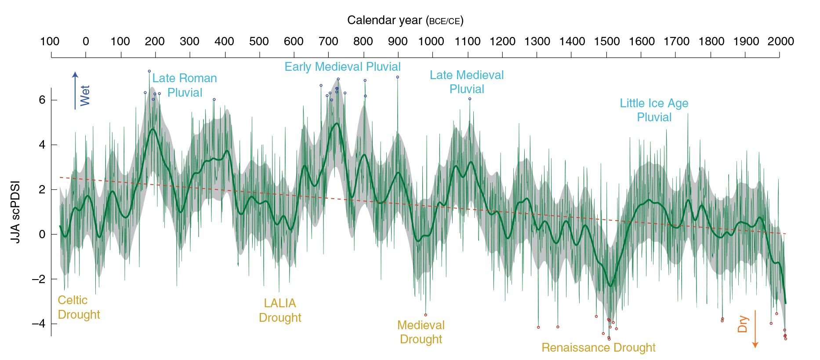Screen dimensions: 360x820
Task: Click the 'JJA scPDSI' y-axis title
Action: (15, 212)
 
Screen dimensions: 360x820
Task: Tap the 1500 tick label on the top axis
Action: (606, 42)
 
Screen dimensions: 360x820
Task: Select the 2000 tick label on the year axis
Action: (780, 42)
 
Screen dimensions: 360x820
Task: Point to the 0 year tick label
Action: (86, 42)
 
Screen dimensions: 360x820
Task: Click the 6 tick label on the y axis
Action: (42, 100)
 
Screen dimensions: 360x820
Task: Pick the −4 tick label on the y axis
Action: (39, 324)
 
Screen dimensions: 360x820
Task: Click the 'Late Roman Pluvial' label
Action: (185, 85)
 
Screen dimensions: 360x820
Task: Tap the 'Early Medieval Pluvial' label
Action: (342, 67)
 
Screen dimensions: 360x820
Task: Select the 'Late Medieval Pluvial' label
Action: (467, 82)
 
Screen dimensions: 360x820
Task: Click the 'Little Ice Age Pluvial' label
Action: (654, 110)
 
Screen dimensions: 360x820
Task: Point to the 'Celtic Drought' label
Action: (79, 307)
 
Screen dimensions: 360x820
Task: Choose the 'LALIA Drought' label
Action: (280, 310)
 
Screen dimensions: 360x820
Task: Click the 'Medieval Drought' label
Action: (421, 332)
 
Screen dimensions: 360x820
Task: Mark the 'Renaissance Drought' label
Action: (598, 348)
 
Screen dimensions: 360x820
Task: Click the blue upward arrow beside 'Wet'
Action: (75, 90)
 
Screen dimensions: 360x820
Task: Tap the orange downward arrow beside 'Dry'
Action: (755, 329)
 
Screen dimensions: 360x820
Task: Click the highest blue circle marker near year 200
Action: (149, 71)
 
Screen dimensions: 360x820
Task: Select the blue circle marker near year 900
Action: (397, 77)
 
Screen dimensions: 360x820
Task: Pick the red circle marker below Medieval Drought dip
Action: (425, 315)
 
